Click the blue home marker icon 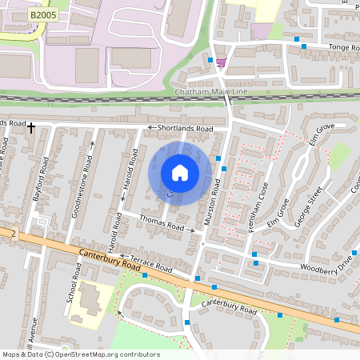pyautogui.click(x=180, y=173)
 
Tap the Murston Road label pyautogui.click(x=214, y=199)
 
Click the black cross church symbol pyautogui.click(x=31, y=127)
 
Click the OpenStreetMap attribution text pyautogui.click(x=81, y=354)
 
